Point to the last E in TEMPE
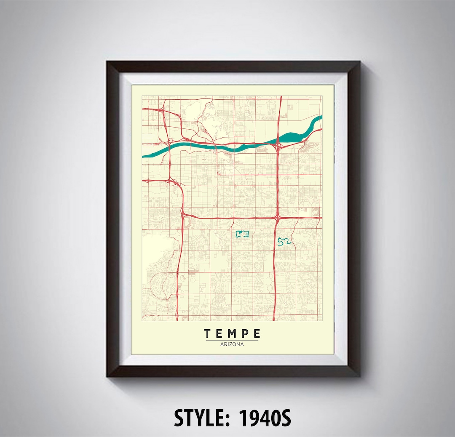pyautogui.click(x=257, y=334)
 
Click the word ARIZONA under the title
pyautogui.click(x=232, y=344)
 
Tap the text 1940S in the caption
pyautogui.click(x=265, y=418)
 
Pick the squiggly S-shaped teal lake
pyautogui.click(x=284, y=241)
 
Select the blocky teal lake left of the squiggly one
pyautogui.click(x=242, y=234)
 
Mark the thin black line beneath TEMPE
pyautogui.click(x=232, y=340)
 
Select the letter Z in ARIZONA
pyautogui.click(x=230, y=344)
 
